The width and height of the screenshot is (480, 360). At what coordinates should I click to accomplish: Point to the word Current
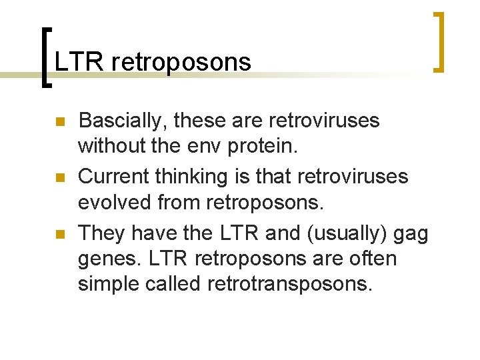pyautogui.click(x=113, y=177)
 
